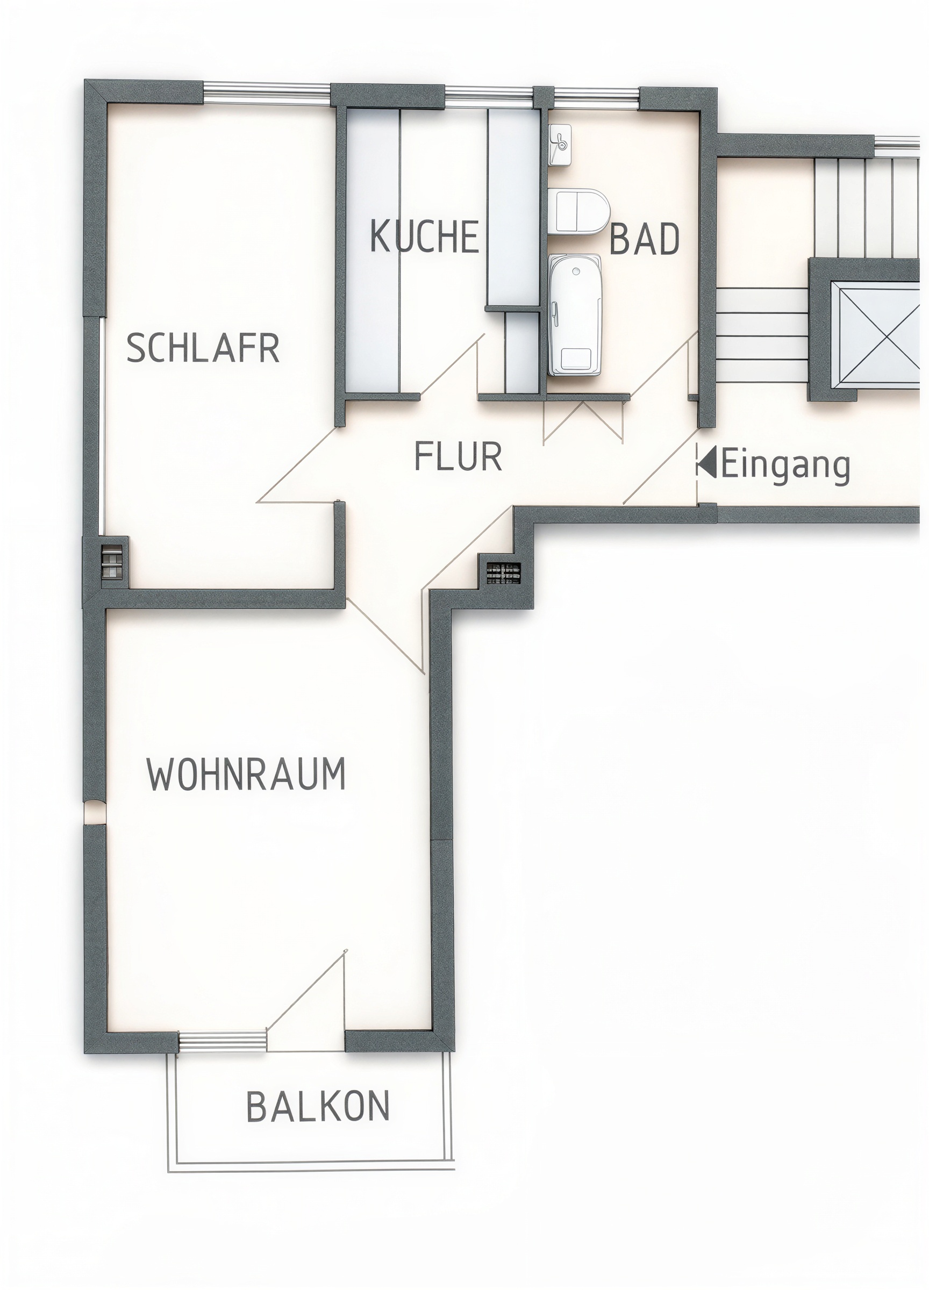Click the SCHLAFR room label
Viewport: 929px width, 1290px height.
pos(203,348)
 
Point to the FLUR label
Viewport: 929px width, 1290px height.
pos(458,456)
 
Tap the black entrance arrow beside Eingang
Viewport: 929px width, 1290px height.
pos(708,462)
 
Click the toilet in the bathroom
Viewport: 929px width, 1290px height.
pos(578,211)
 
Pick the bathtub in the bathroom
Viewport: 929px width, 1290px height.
pos(575,314)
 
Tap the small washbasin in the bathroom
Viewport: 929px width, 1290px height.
pos(560,145)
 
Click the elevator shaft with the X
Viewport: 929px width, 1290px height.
pos(875,334)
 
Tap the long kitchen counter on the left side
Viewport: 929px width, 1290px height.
pos(373,250)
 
